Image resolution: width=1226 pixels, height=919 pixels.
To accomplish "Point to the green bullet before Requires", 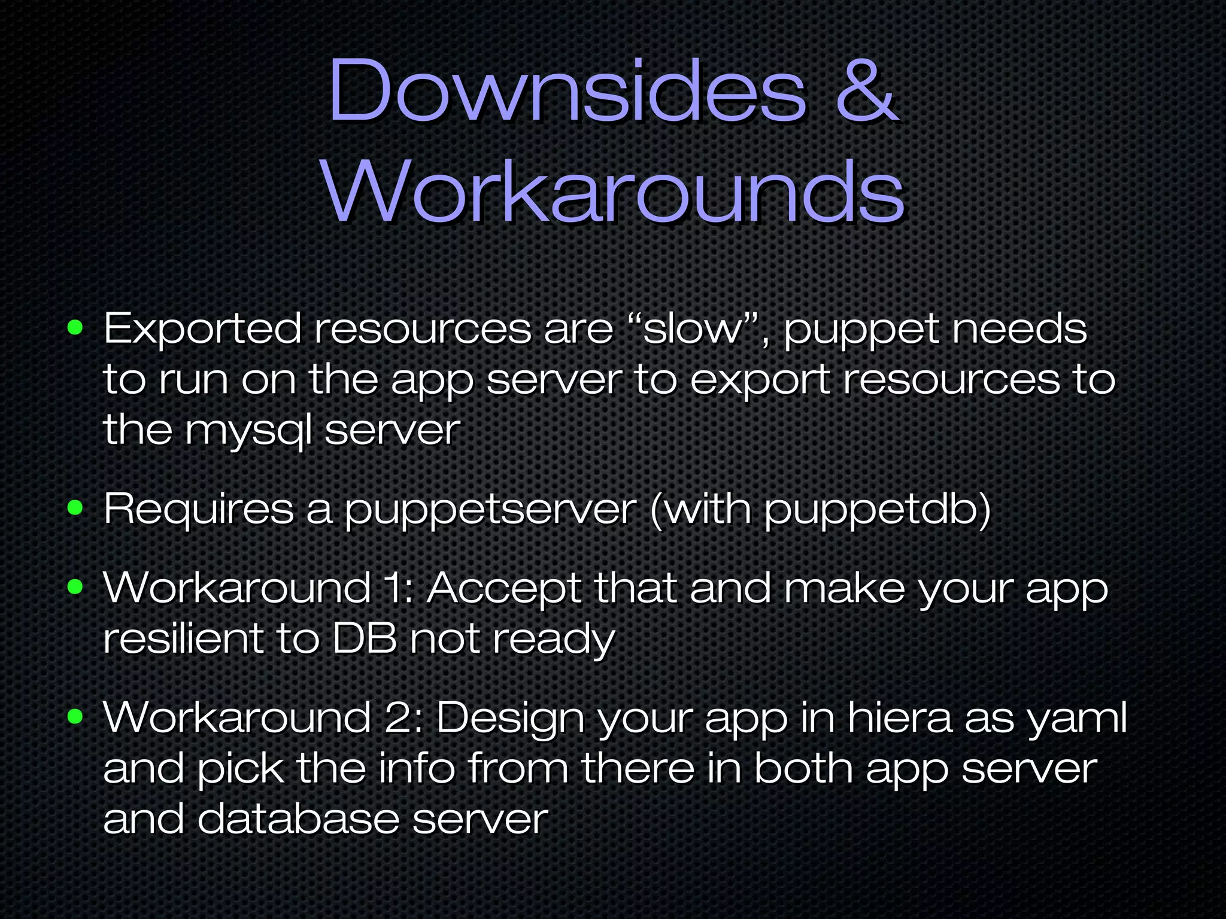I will (75, 508).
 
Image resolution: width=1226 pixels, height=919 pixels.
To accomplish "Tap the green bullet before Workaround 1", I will (75, 587).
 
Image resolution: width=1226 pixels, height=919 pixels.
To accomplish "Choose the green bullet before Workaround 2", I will (75, 716).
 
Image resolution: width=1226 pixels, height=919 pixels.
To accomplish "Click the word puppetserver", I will (490, 510).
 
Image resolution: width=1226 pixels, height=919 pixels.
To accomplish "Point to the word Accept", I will (504, 589).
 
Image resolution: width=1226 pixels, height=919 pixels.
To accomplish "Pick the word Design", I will (511, 719).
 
